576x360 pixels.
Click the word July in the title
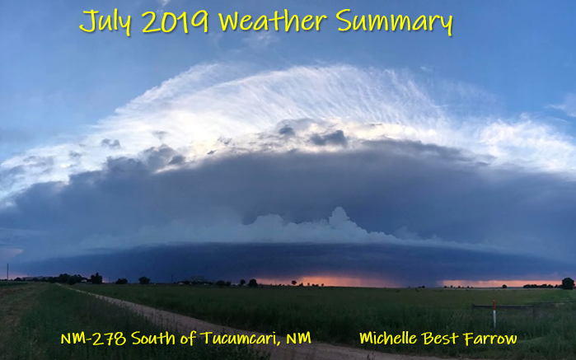[x=105, y=21]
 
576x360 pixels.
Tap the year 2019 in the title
[x=176, y=21]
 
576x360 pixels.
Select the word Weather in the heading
[x=272, y=21]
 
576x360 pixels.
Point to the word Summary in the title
[x=394, y=22]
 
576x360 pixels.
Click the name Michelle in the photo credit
[x=388, y=338]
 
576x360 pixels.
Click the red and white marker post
[x=494, y=313]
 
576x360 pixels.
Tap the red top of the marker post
[x=494, y=304]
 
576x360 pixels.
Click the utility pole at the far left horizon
[x=7, y=272]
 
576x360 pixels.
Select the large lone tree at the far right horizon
[x=568, y=283]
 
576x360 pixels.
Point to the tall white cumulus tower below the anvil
[x=338, y=221]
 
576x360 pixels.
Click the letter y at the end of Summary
[x=447, y=25]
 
